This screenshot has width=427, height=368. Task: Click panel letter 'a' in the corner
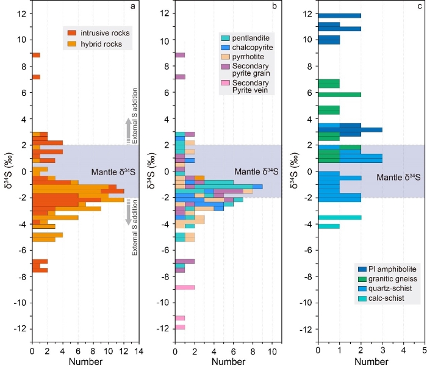pos(132,7)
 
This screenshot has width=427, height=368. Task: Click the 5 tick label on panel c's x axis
pos(424,352)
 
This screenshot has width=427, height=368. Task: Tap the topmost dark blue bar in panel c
pos(339,16)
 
